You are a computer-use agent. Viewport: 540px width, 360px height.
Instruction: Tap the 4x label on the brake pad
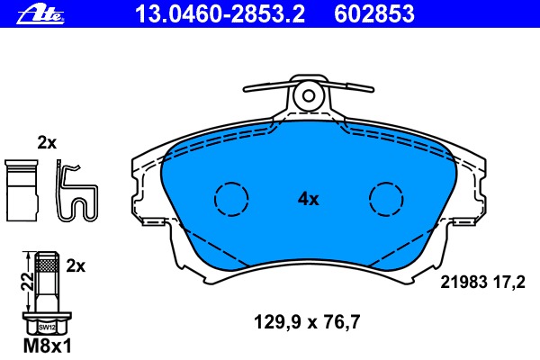(309, 200)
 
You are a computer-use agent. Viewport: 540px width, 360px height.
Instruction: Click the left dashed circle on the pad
(230, 198)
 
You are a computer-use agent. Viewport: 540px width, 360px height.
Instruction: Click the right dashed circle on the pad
(387, 198)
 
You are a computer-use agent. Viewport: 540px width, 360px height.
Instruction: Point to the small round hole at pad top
(309, 94)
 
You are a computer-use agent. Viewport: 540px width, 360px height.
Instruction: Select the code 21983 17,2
(481, 282)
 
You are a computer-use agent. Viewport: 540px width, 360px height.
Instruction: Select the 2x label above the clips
(47, 142)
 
